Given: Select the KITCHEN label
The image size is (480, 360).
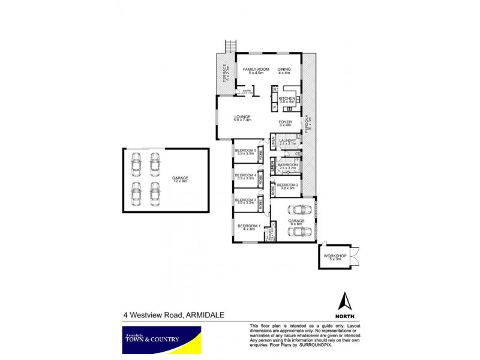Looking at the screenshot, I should pos(287,98).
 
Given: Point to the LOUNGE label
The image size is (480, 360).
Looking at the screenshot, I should pos(242,117).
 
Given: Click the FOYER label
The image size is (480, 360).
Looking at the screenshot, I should pos(285,122).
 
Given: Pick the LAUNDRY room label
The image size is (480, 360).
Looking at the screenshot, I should pos(288,141).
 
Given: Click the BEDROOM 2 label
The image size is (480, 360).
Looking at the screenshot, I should pos(288,185).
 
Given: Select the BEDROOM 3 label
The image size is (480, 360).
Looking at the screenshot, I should pos(246,200).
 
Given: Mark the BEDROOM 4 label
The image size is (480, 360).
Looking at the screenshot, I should pos(246,175).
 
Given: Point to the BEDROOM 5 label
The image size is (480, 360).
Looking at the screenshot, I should pos(246,151).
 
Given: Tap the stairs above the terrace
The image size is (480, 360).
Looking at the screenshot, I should pos(229,46).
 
